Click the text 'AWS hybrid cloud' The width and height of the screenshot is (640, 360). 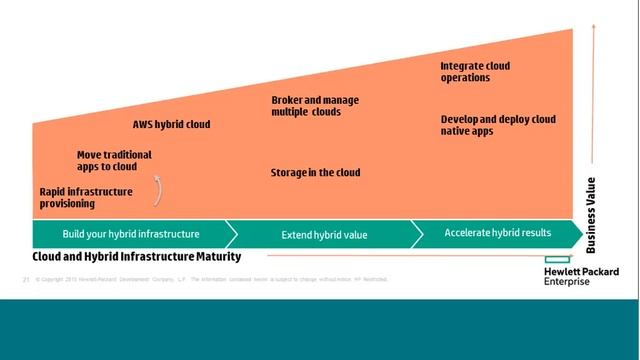(171, 125)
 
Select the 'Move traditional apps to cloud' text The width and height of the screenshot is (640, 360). (114, 161)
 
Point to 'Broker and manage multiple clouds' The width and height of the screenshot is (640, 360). (315, 106)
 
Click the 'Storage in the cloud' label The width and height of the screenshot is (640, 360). (315, 173)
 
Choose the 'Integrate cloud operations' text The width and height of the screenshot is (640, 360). (475, 72)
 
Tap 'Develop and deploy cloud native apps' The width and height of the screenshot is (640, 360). (498, 125)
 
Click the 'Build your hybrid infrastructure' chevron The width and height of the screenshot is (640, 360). (131, 234)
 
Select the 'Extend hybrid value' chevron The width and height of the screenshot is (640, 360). (324, 235)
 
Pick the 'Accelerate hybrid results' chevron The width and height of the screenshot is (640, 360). (497, 233)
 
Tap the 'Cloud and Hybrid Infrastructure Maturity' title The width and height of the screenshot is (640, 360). (137, 257)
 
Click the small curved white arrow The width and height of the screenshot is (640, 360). (156, 188)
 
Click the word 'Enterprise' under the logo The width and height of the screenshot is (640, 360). (567, 282)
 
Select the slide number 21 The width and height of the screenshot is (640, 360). (25, 279)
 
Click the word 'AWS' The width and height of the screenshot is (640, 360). (145, 125)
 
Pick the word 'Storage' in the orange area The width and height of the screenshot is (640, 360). (290, 173)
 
